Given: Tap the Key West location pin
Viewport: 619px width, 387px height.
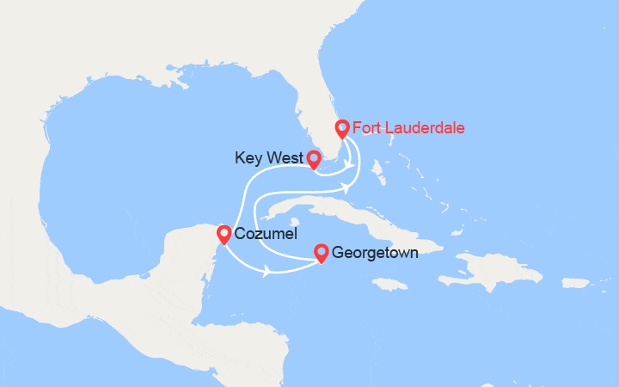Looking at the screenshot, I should click(x=314, y=159).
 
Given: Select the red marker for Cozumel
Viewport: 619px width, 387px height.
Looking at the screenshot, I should click(x=224, y=233).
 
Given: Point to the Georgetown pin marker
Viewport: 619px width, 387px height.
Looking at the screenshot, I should click(x=322, y=252).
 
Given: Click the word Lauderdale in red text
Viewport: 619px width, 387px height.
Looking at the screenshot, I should click(x=423, y=129).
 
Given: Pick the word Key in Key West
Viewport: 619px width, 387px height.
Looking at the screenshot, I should click(x=247, y=158).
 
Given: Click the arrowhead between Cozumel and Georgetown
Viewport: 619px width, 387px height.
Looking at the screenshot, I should click(x=268, y=272).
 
